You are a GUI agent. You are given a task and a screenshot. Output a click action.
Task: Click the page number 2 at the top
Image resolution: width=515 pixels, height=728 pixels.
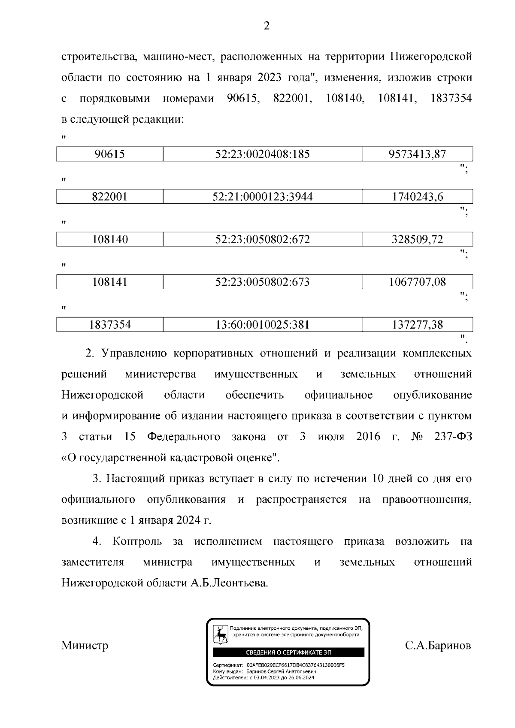point(266,27)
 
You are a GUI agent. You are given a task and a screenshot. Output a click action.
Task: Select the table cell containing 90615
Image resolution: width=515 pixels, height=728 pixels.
point(110,154)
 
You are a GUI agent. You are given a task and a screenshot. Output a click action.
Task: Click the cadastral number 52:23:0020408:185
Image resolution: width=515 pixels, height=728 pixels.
point(262,154)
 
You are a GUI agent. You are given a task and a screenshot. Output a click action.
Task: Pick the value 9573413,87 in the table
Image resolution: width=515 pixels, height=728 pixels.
point(417,154)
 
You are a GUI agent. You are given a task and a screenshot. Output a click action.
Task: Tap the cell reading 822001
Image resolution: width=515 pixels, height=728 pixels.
point(110,197)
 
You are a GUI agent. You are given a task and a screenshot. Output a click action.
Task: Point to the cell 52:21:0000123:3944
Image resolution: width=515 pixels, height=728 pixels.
point(262,197)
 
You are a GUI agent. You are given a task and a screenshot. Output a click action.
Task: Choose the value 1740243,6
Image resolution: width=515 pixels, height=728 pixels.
point(417,197)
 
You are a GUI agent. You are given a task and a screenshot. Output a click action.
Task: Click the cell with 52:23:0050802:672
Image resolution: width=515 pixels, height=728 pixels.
point(262,239)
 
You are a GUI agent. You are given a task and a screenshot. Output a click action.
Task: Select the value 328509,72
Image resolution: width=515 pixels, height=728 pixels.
point(417,239)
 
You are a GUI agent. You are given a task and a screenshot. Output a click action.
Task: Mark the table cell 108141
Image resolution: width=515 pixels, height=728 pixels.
point(110,282)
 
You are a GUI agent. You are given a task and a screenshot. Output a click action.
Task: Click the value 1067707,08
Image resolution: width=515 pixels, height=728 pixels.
point(417,282)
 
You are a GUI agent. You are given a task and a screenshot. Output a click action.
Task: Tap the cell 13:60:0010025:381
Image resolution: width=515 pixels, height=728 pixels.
point(262,325)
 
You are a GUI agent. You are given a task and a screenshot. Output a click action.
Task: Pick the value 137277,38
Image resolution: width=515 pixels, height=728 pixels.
point(417,325)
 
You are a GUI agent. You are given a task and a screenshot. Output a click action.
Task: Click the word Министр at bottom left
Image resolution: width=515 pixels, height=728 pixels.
point(85,645)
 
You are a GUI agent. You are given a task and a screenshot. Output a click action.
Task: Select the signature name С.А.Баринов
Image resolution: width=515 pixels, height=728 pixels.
point(438,645)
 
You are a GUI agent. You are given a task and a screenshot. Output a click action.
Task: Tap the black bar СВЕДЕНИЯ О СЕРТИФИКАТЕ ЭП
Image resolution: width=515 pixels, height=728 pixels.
point(288,653)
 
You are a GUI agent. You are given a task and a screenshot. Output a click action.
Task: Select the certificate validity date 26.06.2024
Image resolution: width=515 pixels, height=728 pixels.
point(300,678)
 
